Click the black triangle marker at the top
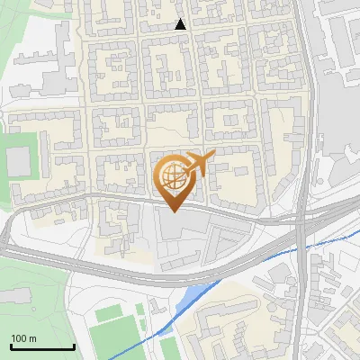[x=181, y=24]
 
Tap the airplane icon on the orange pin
[x=199, y=163]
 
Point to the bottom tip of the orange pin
[x=173, y=212]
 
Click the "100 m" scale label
[x=24, y=337]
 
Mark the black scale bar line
[x=42, y=346]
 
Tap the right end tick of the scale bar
[x=74, y=345]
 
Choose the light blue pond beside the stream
[x=192, y=298]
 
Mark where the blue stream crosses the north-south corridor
[x=301, y=250]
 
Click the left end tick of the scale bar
[x=11, y=345]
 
